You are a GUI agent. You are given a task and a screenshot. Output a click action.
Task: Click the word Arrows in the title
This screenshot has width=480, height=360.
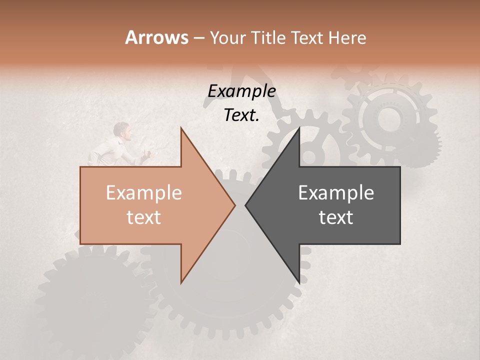click(156, 37)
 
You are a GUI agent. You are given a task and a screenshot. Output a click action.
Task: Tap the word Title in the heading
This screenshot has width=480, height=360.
click(270, 37)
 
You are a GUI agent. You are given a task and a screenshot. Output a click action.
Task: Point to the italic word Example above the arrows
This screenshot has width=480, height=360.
click(241, 91)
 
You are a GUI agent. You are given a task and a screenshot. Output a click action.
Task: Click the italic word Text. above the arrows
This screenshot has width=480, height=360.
click(241, 115)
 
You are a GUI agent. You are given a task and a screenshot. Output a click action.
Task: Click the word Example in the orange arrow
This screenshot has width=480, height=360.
click(143, 193)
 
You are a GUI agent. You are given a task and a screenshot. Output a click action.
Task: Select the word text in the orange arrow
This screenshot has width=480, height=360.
click(143, 217)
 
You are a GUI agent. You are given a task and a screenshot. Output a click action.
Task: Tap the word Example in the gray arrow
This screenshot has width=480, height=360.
click(336, 193)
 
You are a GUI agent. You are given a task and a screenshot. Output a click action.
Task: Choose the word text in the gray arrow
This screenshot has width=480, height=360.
click(336, 217)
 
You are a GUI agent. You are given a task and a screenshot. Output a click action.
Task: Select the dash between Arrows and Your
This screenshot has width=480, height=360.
click(198, 38)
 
